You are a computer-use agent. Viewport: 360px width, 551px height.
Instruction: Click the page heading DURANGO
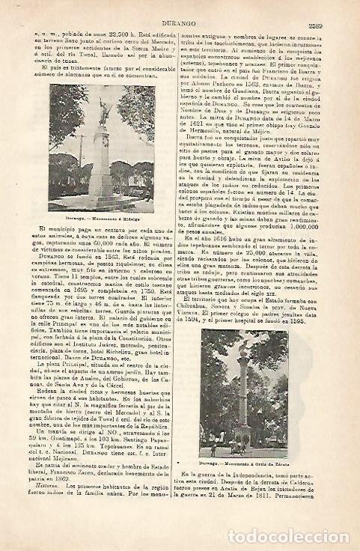(x=177, y=7)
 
